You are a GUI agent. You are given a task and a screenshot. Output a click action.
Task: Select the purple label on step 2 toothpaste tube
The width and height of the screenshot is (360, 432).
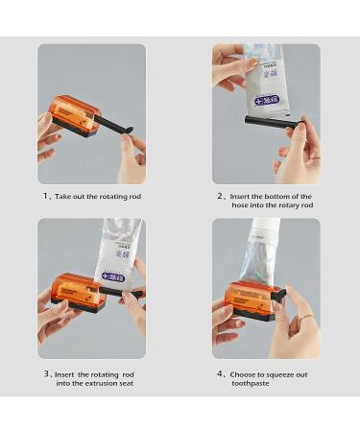click(266, 100)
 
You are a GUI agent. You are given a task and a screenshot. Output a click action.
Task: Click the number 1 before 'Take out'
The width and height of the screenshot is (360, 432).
click(45, 196)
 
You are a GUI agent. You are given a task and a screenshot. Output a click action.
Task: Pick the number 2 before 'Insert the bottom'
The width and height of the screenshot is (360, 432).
click(220, 196)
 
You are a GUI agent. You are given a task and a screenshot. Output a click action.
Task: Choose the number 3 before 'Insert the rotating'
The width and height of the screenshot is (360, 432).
click(45, 373)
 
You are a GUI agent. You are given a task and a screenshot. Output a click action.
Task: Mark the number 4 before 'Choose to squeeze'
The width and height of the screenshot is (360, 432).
click(220, 373)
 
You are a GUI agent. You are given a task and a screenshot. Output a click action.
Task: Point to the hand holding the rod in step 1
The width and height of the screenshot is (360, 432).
click(131, 158)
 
